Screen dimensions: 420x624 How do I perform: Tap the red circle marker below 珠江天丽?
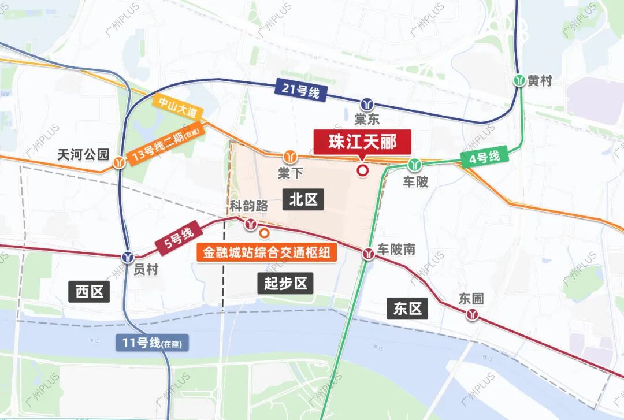click(x=363, y=170)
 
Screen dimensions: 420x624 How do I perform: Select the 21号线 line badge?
click(x=301, y=90)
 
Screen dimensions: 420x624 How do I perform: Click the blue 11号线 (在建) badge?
click(x=151, y=343)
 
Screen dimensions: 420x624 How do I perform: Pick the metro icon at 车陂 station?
click(x=414, y=165)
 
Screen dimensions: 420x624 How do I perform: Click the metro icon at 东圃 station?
click(x=474, y=314)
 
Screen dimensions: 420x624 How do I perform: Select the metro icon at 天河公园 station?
click(x=120, y=162)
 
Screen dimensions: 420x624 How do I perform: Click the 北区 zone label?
click(x=303, y=200)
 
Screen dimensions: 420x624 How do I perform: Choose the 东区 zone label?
click(x=408, y=309)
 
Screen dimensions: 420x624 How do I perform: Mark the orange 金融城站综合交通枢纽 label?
click(x=266, y=253)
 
